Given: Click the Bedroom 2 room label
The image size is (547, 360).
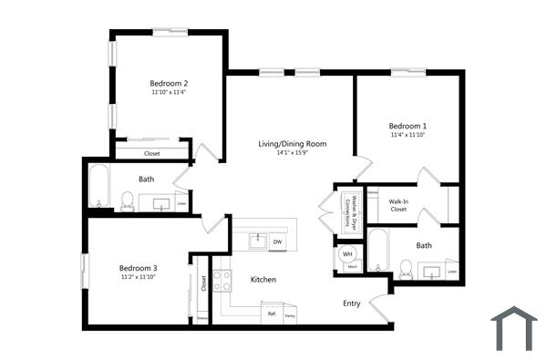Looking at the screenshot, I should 169,83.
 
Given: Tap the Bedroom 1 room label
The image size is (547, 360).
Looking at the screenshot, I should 408,125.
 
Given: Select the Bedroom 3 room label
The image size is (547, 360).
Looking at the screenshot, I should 139,268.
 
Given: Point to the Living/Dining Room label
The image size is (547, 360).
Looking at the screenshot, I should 292,144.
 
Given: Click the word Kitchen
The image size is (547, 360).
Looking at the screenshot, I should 263,280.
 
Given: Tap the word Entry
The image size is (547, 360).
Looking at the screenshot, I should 352,303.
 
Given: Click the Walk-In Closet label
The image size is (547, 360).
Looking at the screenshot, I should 398,205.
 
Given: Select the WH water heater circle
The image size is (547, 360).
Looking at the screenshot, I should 347,255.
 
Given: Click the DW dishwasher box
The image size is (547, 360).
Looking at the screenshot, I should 277,242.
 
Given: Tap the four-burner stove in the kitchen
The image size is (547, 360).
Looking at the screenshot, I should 222,280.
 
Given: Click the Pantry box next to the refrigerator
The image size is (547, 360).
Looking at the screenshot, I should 290,314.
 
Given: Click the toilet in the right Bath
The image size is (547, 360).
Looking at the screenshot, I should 407,269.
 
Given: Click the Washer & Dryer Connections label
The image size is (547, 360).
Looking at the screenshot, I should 346,211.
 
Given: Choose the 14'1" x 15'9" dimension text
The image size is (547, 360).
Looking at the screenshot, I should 292,153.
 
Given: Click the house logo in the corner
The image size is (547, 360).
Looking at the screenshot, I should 514,329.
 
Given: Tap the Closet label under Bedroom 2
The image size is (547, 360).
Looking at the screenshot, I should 151,153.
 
